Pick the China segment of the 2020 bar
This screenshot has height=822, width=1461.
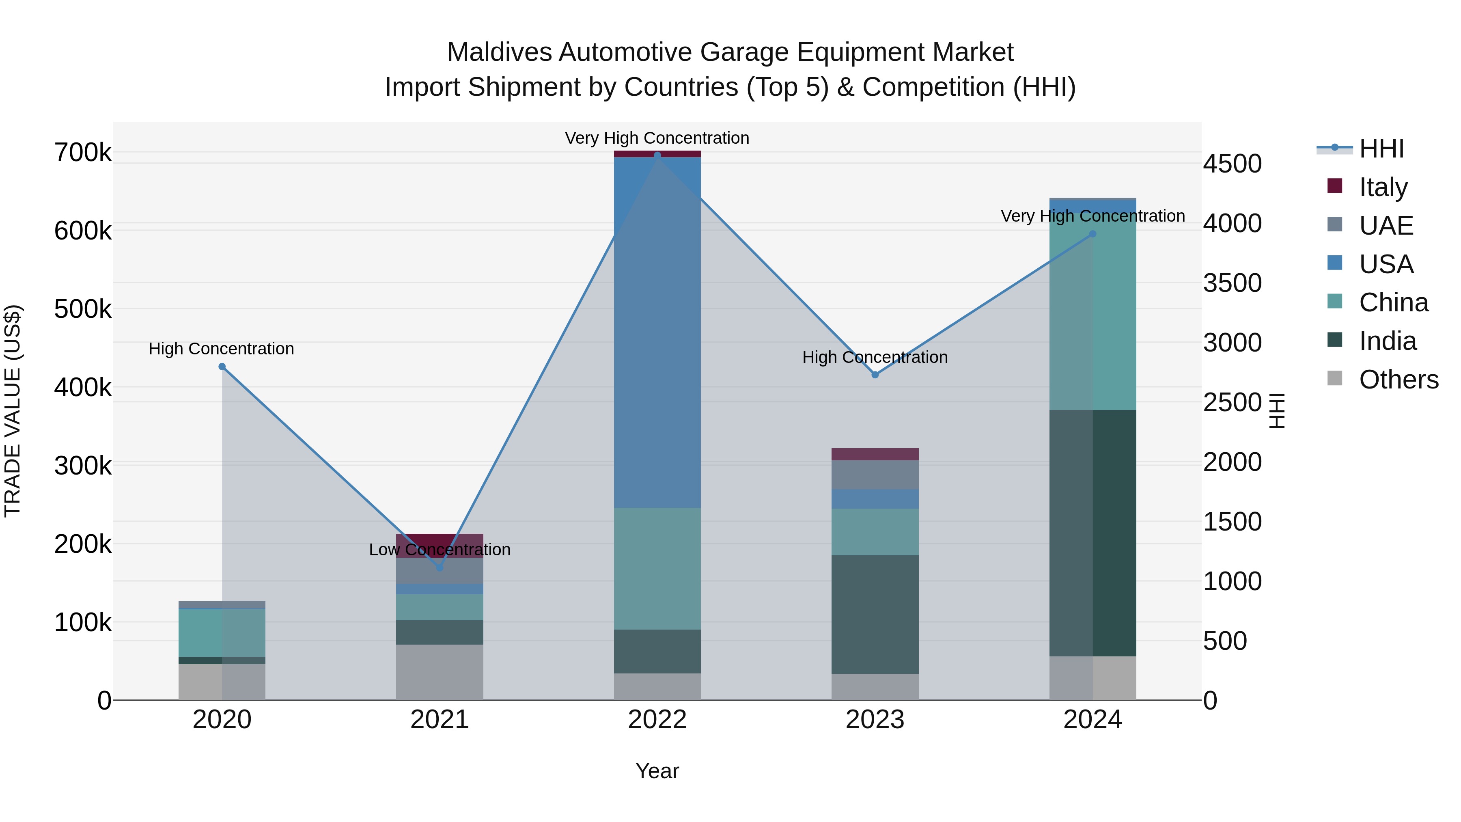pyautogui.click(x=222, y=632)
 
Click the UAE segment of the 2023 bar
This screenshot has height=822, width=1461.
pyautogui.click(x=875, y=475)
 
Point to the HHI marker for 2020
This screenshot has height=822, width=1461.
pyautogui.click(x=222, y=367)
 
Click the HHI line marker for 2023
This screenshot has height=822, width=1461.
pyautogui.click(x=875, y=375)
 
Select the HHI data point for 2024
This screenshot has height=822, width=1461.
pyautogui.click(x=1093, y=234)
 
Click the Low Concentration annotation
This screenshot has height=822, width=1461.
pyautogui.click(x=440, y=550)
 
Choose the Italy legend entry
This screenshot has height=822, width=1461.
pyautogui.click(x=1383, y=187)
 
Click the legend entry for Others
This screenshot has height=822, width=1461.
pyautogui.click(x=1398, y=380)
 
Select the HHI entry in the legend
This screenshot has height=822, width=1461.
pyautogui.click(x=1381, y=149)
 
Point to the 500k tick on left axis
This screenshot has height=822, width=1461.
pyautogui.click(x=83, y=309)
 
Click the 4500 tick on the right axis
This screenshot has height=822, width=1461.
pyautogui.click(x=1232, y=164)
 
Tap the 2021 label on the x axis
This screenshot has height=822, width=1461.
pyautogui.click(x=440, y=720)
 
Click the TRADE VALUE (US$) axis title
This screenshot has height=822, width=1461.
pyautogui.click(x=13, y=411)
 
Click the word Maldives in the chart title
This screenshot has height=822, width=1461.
pyautogui.click(x=499, y=52)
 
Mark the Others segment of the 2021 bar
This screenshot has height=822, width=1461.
pyautogui.click(x=440, y=672)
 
